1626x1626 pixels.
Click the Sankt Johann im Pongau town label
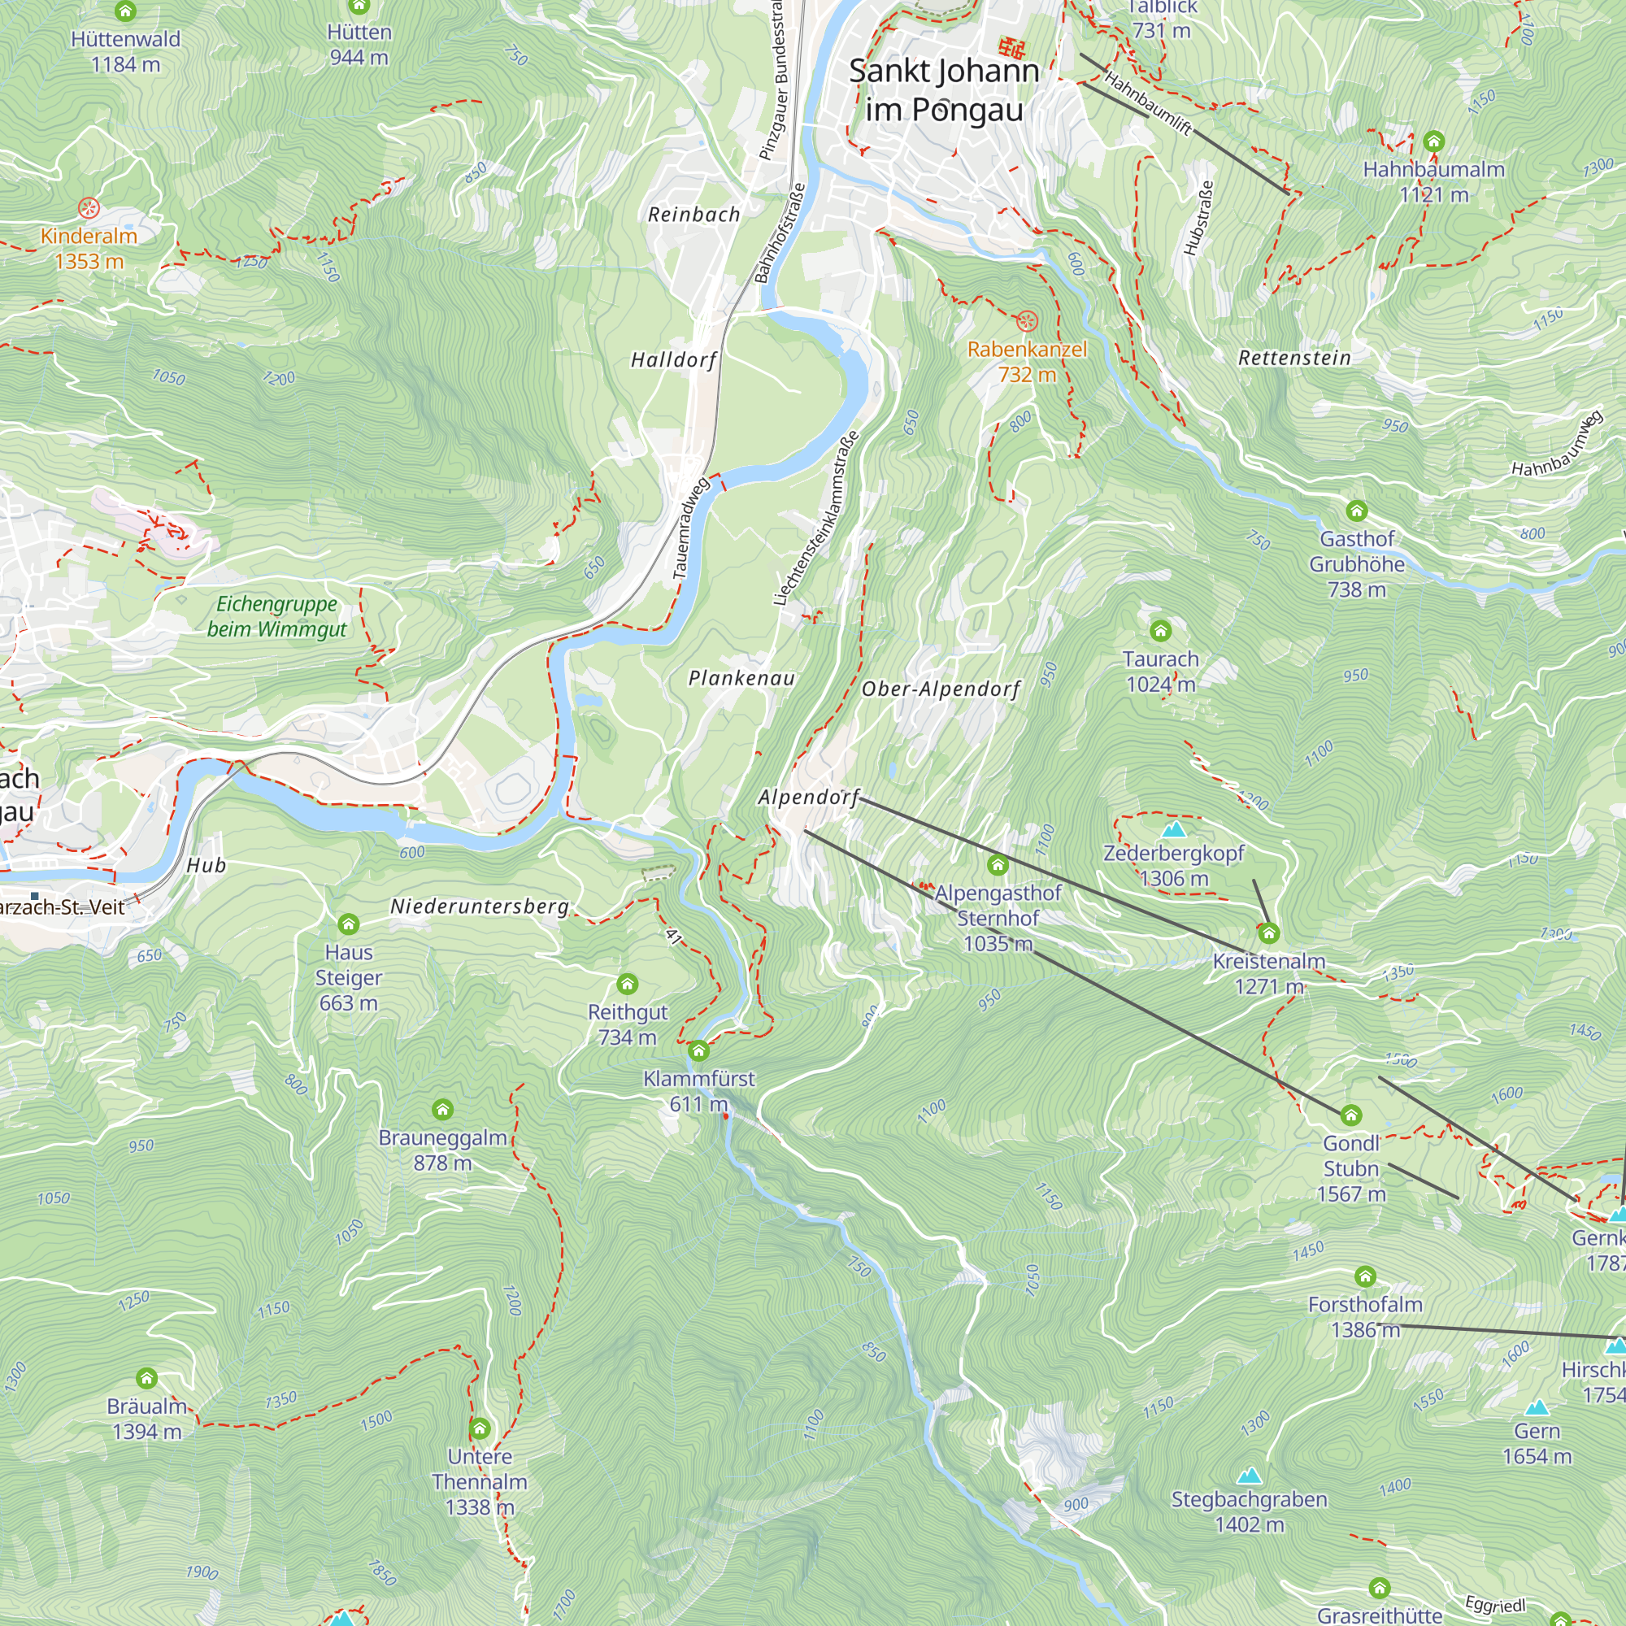coord(943,90)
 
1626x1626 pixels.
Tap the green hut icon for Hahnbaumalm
coord(1434,141)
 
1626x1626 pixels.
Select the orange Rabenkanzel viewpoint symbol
coord(1027,320)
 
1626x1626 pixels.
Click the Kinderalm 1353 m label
coord(89,248)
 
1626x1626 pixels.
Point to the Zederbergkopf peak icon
coord(1173,830)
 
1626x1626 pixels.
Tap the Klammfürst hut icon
coord(698,1050)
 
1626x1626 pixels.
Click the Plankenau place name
coord(741,678)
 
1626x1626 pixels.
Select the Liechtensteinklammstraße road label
coord(816,519)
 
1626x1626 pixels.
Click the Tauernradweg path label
coord(692,528)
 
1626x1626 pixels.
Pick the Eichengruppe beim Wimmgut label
coord(277,616)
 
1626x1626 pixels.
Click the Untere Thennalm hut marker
coord(480,1428)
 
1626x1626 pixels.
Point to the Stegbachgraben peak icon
coord(1250,1476)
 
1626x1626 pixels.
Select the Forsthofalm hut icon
coord(1365,1276)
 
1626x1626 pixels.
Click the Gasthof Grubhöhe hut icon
coord(1357,511)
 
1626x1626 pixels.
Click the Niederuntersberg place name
coord(480,906)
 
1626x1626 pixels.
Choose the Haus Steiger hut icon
coord(349,924)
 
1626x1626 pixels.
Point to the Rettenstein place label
coord(1294,358)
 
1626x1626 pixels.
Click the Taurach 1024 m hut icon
coord(1161,630)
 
